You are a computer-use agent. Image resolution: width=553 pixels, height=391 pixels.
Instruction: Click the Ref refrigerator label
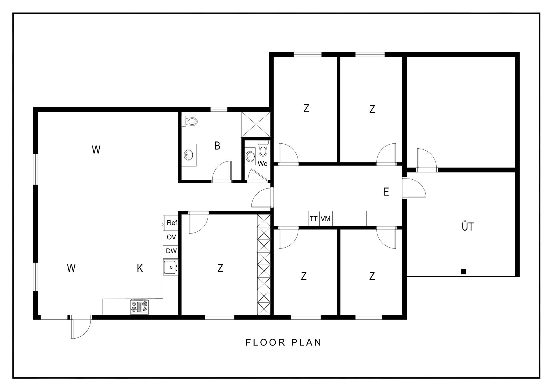coord(172,223)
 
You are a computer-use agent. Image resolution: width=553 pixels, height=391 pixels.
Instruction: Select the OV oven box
coord(171,237)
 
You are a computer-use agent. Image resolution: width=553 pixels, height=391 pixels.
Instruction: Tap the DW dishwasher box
coord(171,251)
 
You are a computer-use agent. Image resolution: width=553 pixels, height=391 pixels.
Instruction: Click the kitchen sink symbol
coord(171,267)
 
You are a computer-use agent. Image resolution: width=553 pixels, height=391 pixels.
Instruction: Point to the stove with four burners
coord(139,307)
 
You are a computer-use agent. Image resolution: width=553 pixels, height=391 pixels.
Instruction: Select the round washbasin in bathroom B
coord(189,155)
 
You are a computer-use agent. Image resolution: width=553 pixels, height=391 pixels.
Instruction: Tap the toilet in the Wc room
coord(263,148)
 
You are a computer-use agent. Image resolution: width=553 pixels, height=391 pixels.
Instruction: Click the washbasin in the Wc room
coord(250,157)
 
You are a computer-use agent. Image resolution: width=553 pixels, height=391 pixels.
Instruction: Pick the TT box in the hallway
coord(314,219)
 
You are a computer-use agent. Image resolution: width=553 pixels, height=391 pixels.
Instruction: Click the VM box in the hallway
coord(326,219)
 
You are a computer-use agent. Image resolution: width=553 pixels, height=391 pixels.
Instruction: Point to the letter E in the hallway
coord(386,192)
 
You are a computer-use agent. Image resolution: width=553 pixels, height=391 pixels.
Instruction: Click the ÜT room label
coord(467,226)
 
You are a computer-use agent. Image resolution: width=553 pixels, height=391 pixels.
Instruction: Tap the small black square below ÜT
coord(463,272)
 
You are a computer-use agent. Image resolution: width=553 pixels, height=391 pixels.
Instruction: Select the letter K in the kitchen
coord(140,268)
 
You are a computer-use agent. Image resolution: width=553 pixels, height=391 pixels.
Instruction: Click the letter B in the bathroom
coord(217,146)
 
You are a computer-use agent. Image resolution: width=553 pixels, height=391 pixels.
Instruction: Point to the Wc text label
coord(262,164)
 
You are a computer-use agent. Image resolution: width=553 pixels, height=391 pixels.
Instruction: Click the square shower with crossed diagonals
coord(256,124)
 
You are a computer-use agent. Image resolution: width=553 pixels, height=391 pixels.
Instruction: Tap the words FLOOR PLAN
coord(283,342)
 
